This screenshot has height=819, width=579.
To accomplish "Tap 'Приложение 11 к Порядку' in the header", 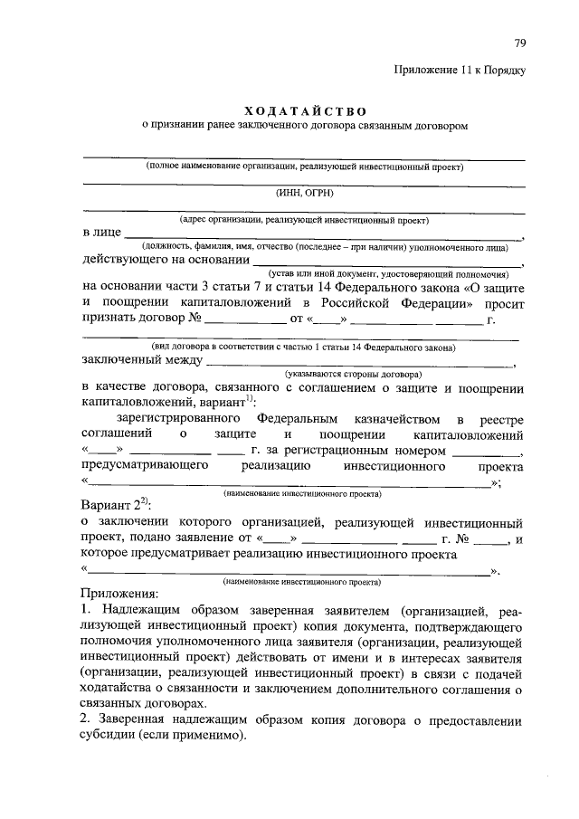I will click(x=459, y=70).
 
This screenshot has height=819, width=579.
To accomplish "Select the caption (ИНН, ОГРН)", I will click(x=304, y=192).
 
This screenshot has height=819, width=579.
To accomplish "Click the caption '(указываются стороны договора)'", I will click(x=352, y=373).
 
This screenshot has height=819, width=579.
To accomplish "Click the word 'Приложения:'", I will click(x=119, y=594).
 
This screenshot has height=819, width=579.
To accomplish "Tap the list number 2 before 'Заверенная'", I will click(x=85, y=721).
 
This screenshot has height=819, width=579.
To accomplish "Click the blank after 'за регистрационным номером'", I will click(x=485, y=451).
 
